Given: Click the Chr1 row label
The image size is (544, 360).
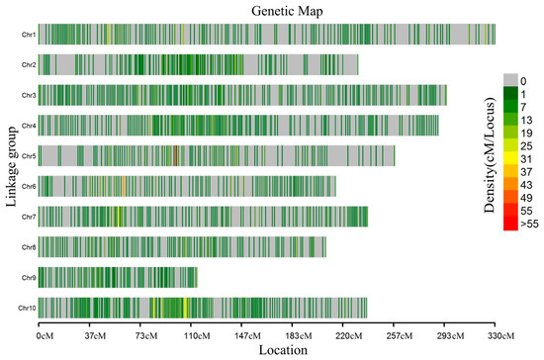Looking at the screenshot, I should tap(28, 35).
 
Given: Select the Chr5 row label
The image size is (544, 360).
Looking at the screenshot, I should tap(28, 156).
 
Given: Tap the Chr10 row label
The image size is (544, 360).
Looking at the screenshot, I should tap(27, 308).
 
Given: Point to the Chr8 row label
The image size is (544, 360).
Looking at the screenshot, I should tap(28, 247).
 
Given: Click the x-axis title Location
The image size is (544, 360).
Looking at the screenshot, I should tap(282, 350).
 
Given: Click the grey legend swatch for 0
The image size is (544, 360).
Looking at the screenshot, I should tap(511, 79).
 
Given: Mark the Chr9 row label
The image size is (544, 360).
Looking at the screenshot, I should tap(28, 278).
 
